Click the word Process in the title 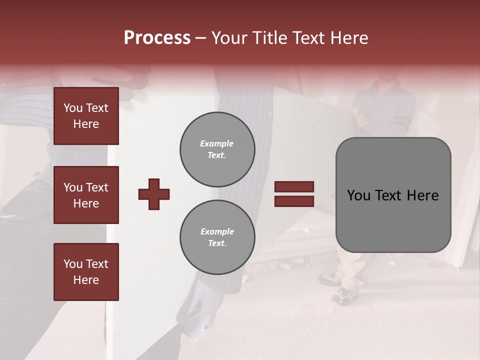pyautogui.click(x=157, y=38)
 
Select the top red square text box pyautogui.click(x=86, y=116)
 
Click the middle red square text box pyautogui.click(x=86, y=195)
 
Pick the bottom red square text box pyautogui.click(x=86, y=271)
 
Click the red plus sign pyautogui.click(x=154, y=194)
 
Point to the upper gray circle pyautogui.click(x=217, y=149)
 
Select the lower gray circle pyautogui.click(x=217, y=237)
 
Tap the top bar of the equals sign pyautogui.click(x=294, y=186)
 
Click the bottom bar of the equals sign pyautogui.click(x=294, y=201)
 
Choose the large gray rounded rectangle pyautogui.click(x=393, y=195)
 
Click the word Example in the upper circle pyautogui.click(x=217, y=143)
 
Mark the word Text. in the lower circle pyautogui.click(x=217, y=243)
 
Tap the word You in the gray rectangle pyautogui.click(x=358, y=195)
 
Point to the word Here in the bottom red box pyautogui.click(x=86, y=280)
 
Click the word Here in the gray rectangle pyautogui.click(x=422, y=195)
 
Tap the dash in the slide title pyautogui.click(x=200, y=38)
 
